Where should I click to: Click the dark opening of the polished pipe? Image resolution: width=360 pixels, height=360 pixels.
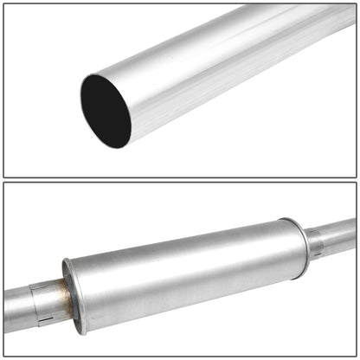(x=106, y=110)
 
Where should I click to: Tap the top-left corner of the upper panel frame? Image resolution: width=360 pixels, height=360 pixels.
(x=4, y=4)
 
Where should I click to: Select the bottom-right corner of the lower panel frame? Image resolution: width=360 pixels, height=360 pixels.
(x=356, y=356)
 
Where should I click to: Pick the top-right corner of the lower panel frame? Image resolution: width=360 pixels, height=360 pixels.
(x=356, y=183)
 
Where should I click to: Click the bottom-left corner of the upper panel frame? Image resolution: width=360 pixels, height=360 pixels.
(x=4, y=177)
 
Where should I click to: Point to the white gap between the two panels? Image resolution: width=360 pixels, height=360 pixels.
(x=180, y=180)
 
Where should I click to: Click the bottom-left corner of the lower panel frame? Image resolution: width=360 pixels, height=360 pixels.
(x=4, y=356)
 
